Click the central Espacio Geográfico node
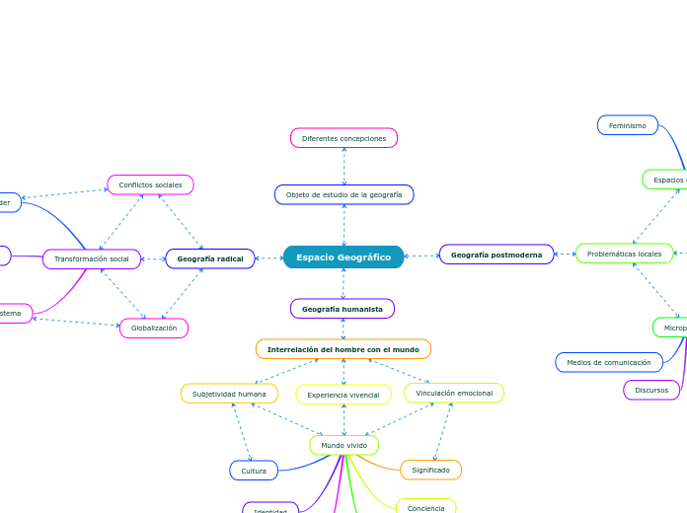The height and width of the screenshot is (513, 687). tap(343, 256)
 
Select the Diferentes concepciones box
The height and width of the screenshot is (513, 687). tap(343, 138)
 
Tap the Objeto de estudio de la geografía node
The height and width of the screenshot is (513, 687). tap(343, 194)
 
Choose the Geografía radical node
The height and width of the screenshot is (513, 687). tap(209, 258)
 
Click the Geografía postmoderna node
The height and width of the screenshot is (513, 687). tap(496, 255)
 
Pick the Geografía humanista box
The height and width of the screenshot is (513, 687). tap(343, 309)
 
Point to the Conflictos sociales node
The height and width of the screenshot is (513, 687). tap(150, 184)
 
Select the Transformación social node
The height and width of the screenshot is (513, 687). tap(92, 258)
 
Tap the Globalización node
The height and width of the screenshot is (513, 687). tap(154, 328)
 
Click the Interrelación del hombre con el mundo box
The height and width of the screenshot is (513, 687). tap(343, 349)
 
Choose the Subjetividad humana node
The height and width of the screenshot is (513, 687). tap(229, 394)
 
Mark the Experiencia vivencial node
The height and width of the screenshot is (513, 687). tap(343, 395)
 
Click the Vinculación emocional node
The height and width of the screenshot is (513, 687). tap(454, 393)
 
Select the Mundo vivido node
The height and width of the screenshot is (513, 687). tap(343, 445)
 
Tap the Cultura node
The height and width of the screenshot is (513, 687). tap(254, 471)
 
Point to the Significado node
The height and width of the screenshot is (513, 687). tap(430, 470)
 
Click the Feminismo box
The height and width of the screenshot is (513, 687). tap(627, 125)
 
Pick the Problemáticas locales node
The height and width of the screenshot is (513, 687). tap(624, 254)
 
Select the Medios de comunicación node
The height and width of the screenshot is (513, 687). tap(608, 362)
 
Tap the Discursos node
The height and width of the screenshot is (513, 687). tap(651, 390)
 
